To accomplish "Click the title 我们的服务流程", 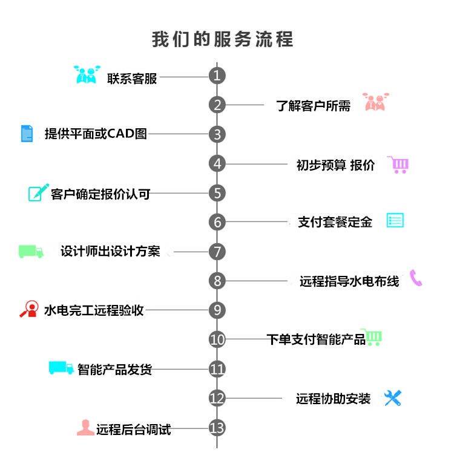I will click(x=222, y=39).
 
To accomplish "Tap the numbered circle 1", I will click(x=217, y=76).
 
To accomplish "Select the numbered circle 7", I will click(x=217, y=251).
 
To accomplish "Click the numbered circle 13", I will click(x=217, y=428).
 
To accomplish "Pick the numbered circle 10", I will click(x=217, y=339).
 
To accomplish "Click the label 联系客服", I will click(x=132, y=79).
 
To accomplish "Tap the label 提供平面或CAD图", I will click(x=96, y=134).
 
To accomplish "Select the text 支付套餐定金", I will click(x=335, y=222).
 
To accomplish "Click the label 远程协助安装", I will click(x=333, y=399).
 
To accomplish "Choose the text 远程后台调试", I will click(x=133, y=430).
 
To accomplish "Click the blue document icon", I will click(x=27, y=133).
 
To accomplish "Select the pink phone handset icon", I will click(x=416, y=278).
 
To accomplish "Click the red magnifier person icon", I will click(x=28, y=309).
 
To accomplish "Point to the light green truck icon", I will click(x=31, y=251).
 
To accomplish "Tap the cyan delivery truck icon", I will click(x=61, y=367).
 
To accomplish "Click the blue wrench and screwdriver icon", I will click(x=393, y=397).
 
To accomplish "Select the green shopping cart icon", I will click(x=372, y=337).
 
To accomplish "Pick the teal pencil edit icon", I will click(x=38, y=193).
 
